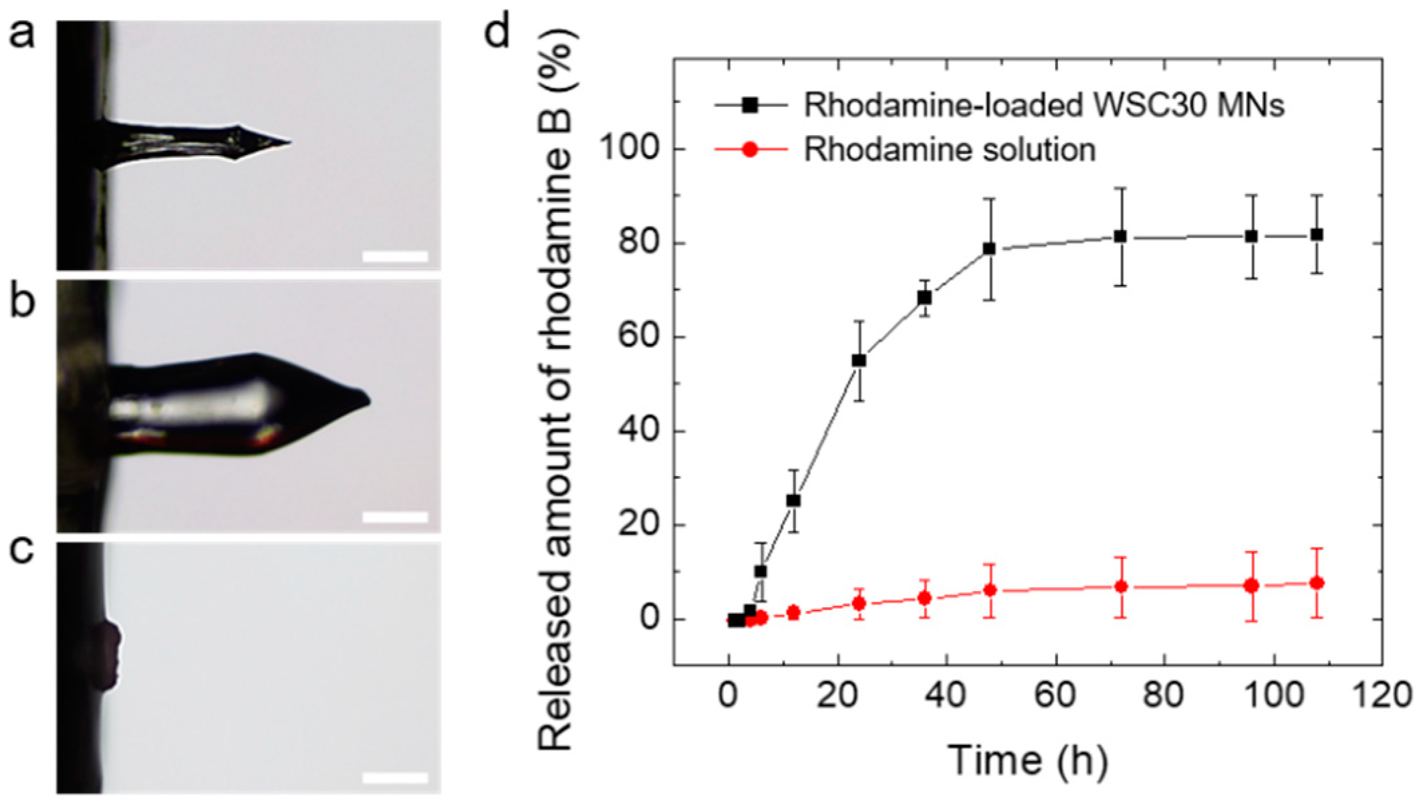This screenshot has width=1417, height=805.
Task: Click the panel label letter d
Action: point(496,31)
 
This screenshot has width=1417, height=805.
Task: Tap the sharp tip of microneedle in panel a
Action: point(289,142)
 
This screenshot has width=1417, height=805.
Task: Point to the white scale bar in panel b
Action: point(394,517)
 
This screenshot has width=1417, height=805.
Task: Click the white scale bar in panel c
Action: point(394,778)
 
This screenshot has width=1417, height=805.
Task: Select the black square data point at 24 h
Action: point(859,360)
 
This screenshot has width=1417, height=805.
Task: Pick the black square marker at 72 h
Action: point(1121,237)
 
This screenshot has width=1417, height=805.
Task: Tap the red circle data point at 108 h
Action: point(1317,583)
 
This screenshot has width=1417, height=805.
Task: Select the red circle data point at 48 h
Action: point(990,590)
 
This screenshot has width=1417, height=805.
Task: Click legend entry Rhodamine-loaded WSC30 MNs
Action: point(1043,106)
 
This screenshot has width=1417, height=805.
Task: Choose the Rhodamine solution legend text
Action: point(950,150)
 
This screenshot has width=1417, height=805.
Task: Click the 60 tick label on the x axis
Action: point(1056,696)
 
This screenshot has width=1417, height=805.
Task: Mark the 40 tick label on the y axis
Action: point(635,431)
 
